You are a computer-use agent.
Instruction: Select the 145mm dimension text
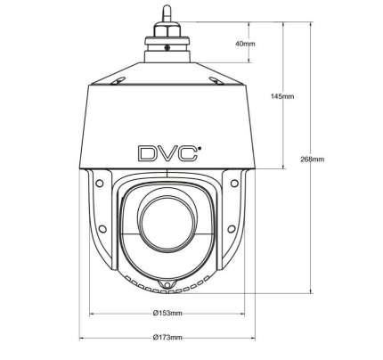(x=281, y=96)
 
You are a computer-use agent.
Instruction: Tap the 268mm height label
(x=312, y=160)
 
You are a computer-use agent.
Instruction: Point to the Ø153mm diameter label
(x=167, y=313)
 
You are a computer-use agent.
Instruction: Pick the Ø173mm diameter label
(x=167, y=338)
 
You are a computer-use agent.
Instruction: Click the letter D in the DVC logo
(x=147, y=152)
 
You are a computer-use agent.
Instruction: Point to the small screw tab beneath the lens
(x=167, y=283)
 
